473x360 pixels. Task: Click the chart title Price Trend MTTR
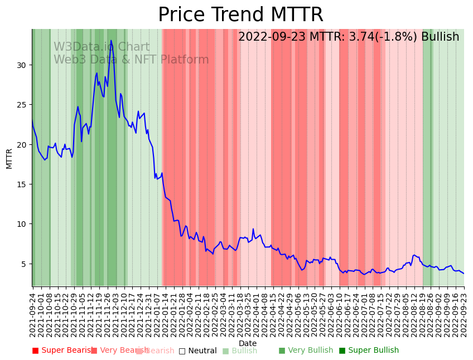point(240,15)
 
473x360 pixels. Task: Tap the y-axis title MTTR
point(9,158)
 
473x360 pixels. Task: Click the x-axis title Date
point(248,343)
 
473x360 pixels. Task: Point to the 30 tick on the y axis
point(22,65)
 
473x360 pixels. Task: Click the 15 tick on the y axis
point(22,184)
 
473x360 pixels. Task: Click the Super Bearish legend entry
point(62,351)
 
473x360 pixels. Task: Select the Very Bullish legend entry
point(306,351)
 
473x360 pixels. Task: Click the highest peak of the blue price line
point(111,40)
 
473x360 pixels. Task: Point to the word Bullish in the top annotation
point(440,37)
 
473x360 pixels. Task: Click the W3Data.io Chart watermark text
point(102,47)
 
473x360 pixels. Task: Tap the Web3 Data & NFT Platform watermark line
point(131,60)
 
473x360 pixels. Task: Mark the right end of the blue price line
point(464,273)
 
